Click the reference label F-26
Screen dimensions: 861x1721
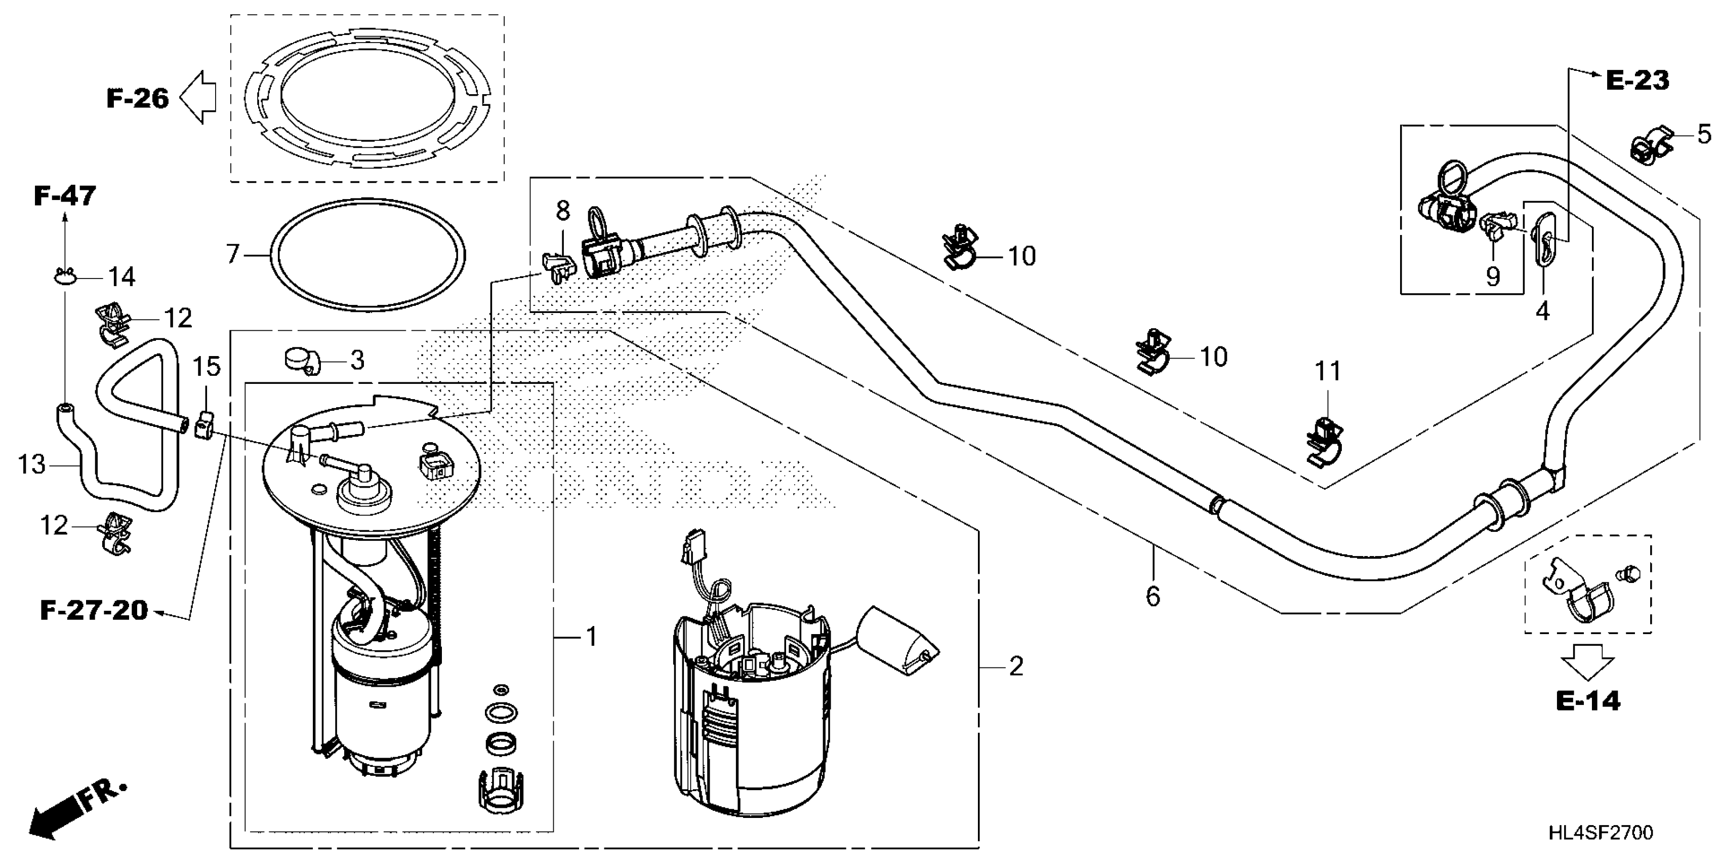click(x=138, y=99)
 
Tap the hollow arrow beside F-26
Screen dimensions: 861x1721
click(x=198, y=99)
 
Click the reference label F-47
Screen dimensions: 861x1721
click(x=65, y=196)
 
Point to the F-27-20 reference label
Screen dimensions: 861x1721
click(x=94, y=610)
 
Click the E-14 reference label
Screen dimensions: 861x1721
click(x=1588, y=701)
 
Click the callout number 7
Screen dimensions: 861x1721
click(x=232, y=255)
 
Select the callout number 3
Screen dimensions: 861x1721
click(x=357, y=360)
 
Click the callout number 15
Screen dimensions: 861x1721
click(x=207, y=367)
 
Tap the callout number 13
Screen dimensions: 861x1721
click(x=31, y=464)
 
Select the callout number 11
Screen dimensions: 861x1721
click(x=1328, y=372)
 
